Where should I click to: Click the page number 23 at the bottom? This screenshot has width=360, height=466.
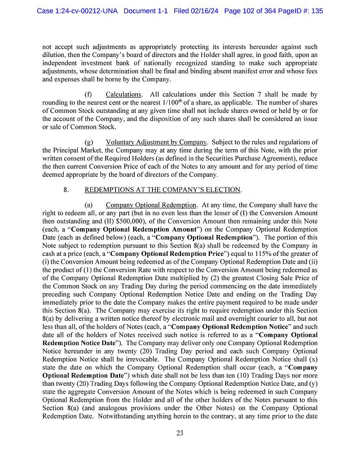(179, 433)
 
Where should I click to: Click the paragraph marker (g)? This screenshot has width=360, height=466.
(89, 142)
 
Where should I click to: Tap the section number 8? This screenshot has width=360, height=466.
(67, 189)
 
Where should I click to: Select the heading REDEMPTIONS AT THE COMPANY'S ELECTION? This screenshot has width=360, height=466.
(163, 189)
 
